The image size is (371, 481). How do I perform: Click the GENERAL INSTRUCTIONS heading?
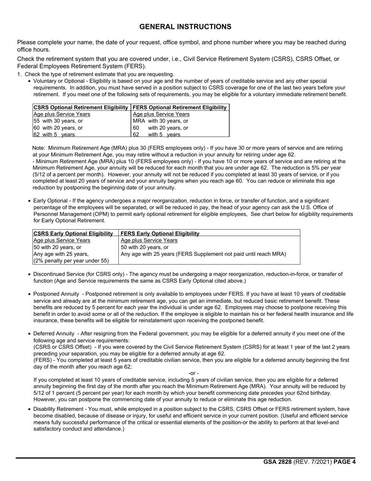click(185, 27)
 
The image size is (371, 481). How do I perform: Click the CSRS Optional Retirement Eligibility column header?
click(81, 108)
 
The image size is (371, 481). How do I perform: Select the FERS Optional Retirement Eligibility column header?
click(180, 108)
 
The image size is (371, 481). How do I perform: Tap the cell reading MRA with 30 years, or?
click(161, 121)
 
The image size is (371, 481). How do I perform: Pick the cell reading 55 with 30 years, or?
click(58, 121)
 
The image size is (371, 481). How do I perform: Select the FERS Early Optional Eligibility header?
click(160, 233)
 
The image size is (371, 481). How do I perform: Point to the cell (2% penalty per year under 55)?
click(71, 260)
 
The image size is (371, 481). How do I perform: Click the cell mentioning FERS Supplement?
click(203, 254)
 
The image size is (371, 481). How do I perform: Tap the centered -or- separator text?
click(193, 373)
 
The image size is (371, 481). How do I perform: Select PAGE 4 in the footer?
click(344, 462)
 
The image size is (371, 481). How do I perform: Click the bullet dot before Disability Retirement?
click(30, 409)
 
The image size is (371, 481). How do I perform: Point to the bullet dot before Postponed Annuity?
click(30, 294)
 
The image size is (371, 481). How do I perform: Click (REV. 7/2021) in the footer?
click(312, 462)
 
